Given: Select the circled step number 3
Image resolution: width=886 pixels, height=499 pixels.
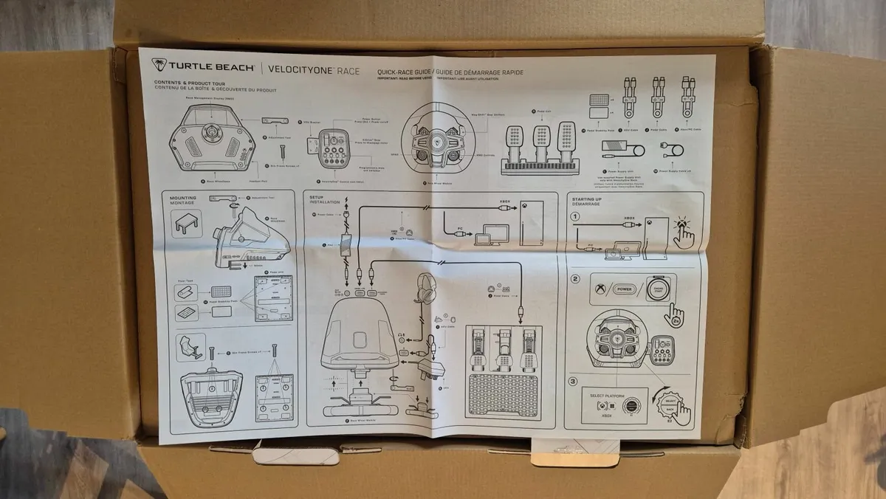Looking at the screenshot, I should pos(573,382).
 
